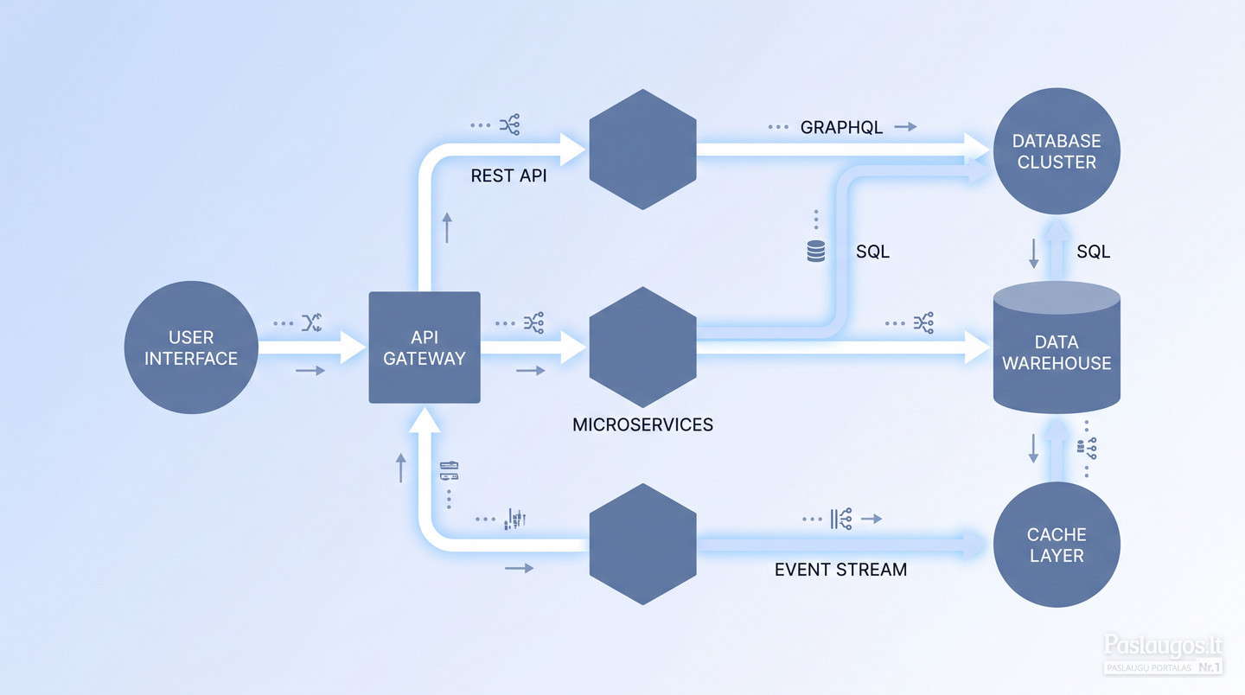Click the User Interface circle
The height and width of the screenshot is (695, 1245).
click(x=191, y=347)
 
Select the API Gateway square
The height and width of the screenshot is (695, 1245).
click(x=425, y=347)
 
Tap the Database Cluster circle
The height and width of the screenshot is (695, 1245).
click(x=1057, y=151)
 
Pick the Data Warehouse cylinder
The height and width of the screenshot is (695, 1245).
click(x=1057, y=347)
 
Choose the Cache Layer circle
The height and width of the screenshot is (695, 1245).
click(x=1057, y=545)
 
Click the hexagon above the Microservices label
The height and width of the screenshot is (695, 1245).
click(x=642, y=347)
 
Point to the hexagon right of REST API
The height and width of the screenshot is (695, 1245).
click(x=642, y=150)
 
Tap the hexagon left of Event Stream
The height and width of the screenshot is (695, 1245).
click(x=642, y=544)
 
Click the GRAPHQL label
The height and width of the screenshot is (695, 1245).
click(x=841, y=127)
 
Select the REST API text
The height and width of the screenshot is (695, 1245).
click(x=508, y=175)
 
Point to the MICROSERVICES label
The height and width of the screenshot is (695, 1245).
click(x=642, y=424)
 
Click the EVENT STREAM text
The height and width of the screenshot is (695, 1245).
click(x=840, y=570)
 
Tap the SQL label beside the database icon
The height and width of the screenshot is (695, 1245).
click(x=872, y=252)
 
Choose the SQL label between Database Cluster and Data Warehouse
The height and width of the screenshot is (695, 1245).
click(x=1093, y=252)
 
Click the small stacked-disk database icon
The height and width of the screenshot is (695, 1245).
click(x=816, y=251)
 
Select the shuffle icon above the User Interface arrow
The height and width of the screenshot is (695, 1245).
click(x=312, y=322)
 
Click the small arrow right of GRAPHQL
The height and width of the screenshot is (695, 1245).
click(x=905, y=127)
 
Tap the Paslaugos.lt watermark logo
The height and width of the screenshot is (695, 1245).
click(x=1164, y=654)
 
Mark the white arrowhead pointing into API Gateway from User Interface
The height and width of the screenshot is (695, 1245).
click(x=353, y=347)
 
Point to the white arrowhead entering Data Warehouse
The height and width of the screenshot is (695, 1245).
click(x=977, y=347)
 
